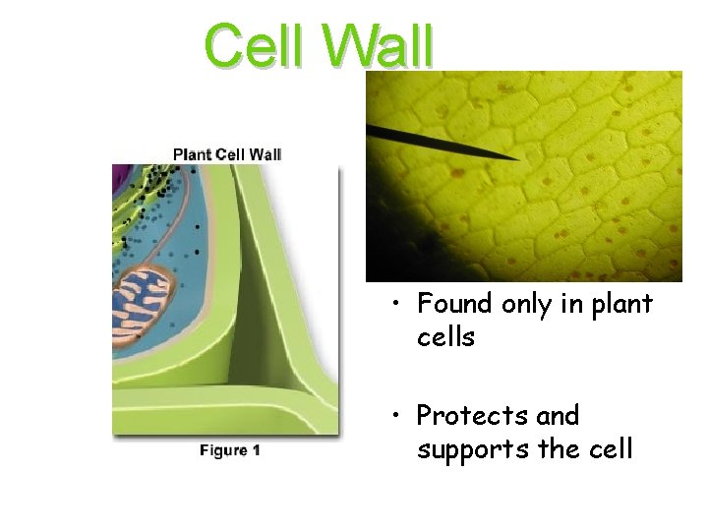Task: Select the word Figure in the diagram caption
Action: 223,450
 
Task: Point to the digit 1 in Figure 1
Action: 256,450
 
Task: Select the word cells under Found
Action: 445,337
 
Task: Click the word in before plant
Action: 574,304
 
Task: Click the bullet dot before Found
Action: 393,305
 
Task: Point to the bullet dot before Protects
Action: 393,417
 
